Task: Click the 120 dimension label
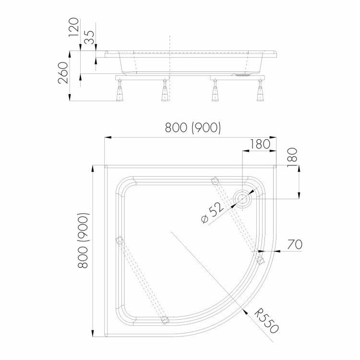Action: [x=74, y=27]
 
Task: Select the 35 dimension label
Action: [x=89, y=37]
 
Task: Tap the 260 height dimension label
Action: [x=63, y=72]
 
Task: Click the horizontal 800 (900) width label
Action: [x=193, y=127]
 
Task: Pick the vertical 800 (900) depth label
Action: [x=83, y=240]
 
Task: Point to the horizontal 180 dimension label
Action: [x=260, y=144]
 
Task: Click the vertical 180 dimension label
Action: [x=292, y=157]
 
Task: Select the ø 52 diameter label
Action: [x=212, y=213]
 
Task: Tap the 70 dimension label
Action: [x=295, y=244]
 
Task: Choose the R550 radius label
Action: [x=267, y=321]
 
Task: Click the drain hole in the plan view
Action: [x=242, y=199]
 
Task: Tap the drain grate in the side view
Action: [x=242, y=74]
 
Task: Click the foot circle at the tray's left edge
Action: [x=120, y=241]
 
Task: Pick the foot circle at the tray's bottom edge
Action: [x=165, y=320]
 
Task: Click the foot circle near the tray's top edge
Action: [x=215, y=181]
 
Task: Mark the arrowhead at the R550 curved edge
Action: [x=245, y=312]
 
